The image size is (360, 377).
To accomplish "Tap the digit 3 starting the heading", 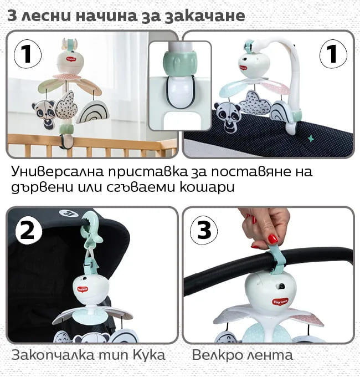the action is pyautogui.click(x=12, y=16).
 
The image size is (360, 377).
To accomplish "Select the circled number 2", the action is pyautogui.click(x=29, y=231).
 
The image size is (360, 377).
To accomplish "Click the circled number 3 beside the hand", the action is pyautogui.click(x=204, y=230).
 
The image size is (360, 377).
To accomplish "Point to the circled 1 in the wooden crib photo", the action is pyautogui.click(x=28, y=54).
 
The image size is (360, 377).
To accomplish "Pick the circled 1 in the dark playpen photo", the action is pyautogui.click(x=333, y=54).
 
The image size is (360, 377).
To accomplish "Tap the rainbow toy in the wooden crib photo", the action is pyautogui.click(x=93, y=112).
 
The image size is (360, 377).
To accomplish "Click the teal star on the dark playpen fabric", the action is pyautogui.click(x=311, y=138).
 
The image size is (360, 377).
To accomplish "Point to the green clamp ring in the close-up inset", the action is pyautogui.click(x=180, y=63).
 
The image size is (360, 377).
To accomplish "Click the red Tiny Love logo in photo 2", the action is pyautogui.click(x=83, y=289).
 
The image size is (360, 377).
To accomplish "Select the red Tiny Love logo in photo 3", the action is pyautogui.click(x=280, y=302).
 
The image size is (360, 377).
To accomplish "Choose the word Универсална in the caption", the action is pyautogui.click(x=58, y=172).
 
